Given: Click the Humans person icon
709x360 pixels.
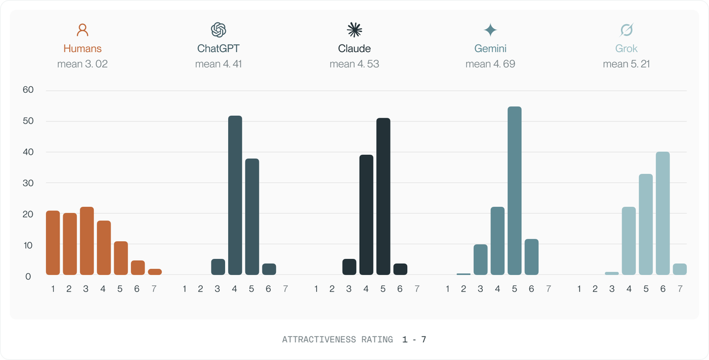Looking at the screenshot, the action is point(82,30).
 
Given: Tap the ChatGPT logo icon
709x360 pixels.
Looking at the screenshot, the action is point(219,30).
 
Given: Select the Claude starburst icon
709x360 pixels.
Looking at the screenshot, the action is point(354,30).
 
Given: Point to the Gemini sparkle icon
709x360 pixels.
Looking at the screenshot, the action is point(490,30).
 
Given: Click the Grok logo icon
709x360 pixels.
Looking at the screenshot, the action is point(626,30).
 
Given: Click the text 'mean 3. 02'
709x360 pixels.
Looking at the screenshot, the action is point(82,64).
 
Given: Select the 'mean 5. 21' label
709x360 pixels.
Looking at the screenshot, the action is point(626,64).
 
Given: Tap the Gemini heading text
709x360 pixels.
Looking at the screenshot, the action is point(490,48).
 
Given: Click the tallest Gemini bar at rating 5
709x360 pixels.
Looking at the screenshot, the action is point(515,190).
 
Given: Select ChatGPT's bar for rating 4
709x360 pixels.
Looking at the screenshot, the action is point(235,195).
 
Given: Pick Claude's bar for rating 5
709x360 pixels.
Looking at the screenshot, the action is point(383,196).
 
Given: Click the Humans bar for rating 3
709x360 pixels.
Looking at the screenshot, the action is point(87,241).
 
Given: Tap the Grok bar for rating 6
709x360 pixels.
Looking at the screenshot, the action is point(663,213).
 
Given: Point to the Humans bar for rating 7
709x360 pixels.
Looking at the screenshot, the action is point(155,272).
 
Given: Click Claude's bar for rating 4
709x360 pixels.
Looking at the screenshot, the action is point(366,215).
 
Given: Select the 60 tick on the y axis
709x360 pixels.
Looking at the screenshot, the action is point(28,90).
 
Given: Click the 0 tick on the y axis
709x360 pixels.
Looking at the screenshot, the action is point(28,277).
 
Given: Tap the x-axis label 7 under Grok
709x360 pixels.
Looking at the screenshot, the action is point(680,288).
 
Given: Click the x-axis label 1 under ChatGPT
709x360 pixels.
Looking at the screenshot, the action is point(184,288).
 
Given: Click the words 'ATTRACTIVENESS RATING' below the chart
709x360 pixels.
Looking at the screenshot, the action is point(337,340).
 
